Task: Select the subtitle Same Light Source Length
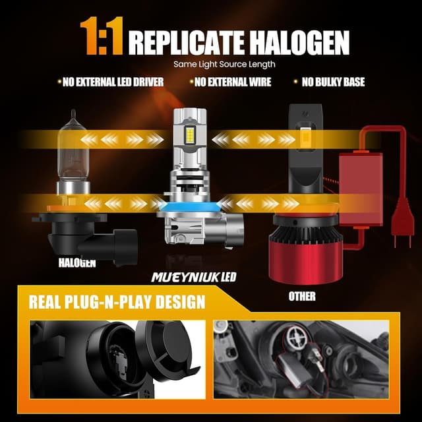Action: click(x=224, y=65)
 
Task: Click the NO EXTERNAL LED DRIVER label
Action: click(x=110, y=82)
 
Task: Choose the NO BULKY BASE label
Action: click(x=333, y=82)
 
